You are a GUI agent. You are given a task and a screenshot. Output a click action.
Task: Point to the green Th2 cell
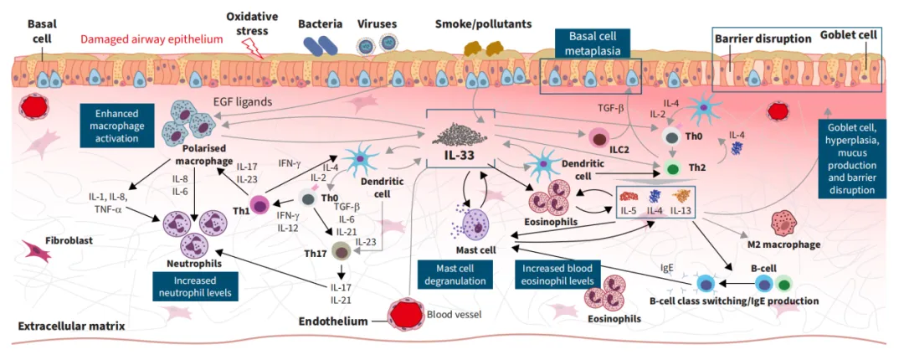point(671,168)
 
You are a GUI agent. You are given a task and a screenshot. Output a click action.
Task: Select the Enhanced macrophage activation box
point(116,126)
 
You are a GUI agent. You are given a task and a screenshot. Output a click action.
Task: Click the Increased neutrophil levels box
point(193,286)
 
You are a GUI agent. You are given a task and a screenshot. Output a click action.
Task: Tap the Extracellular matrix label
point(69,326)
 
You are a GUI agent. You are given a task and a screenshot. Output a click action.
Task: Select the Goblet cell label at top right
point(850,38)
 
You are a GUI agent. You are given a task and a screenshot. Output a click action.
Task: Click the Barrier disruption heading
point(763,39)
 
